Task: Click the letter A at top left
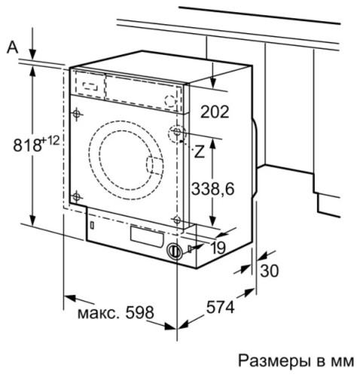point(11,47)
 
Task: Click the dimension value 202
point(215,112)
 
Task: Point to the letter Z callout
point(200,151)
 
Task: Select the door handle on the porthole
point(153,167)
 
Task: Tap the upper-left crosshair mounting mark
point(77,114)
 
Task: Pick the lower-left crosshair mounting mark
point(77,194)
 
